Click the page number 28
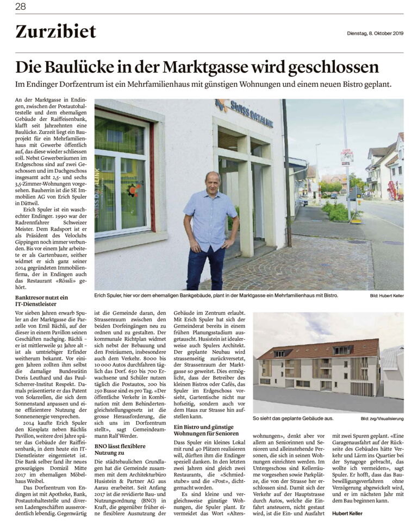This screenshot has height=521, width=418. coord(21,7)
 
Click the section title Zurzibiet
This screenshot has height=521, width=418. coord(55,32)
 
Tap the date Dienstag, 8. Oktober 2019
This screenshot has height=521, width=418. coord(375,34)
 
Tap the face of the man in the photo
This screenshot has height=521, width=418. coord(212,182)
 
